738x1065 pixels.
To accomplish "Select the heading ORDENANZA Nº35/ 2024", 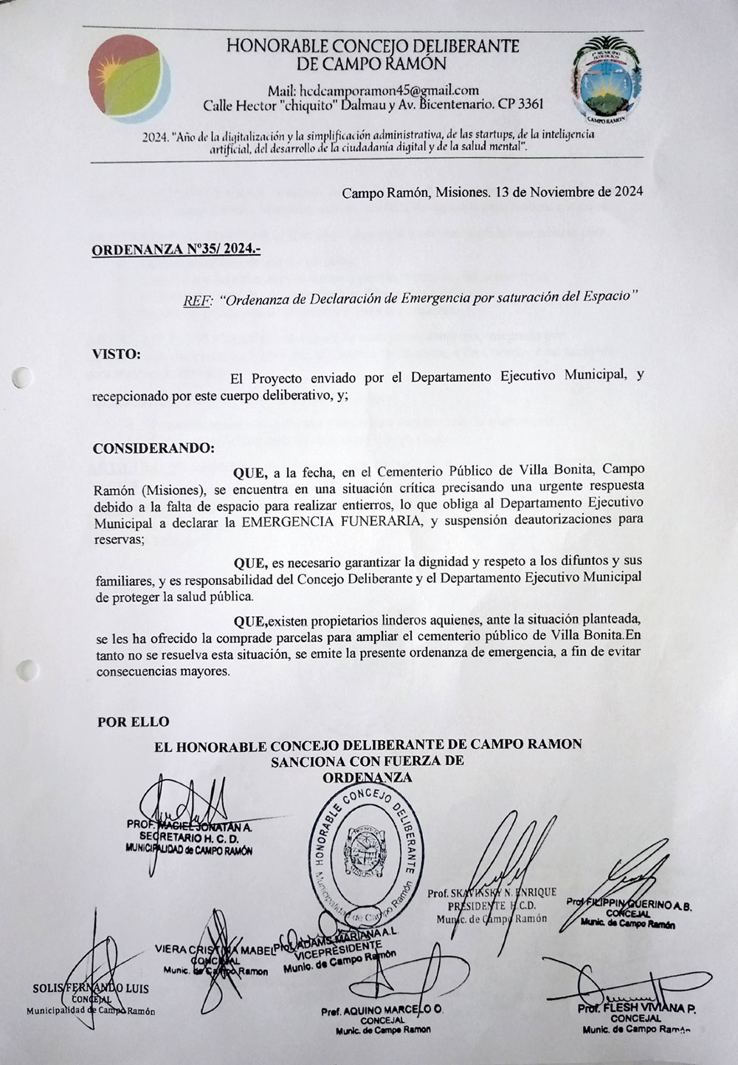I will [176, 250].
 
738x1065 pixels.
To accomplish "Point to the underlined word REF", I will [197, 301].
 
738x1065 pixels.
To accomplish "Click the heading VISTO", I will [116, 354].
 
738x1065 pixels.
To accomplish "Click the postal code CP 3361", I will [521, 104].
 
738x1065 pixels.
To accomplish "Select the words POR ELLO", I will [134, 722].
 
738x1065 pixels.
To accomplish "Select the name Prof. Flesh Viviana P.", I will [636, 1009].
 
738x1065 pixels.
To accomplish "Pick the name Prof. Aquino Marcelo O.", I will [382, 1010].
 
